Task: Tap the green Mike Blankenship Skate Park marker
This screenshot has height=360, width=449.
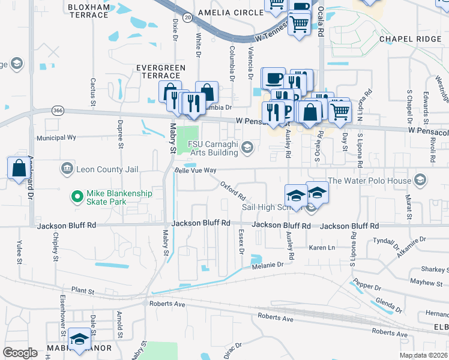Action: tap(77, 196)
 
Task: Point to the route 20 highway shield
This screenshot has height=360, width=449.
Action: tap(188, 18)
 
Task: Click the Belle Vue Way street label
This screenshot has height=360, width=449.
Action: tap(194, 170)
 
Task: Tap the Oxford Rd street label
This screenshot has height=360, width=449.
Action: tap(234, 191)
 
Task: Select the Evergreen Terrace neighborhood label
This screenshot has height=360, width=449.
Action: tap(158, 71)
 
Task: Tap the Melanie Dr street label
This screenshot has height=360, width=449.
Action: tap(267, 265)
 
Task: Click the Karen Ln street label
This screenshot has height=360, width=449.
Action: tap(321, 247)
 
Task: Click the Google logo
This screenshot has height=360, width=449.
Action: tap(20, 353)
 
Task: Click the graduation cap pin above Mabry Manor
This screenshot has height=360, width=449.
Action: tap(79, 339)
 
